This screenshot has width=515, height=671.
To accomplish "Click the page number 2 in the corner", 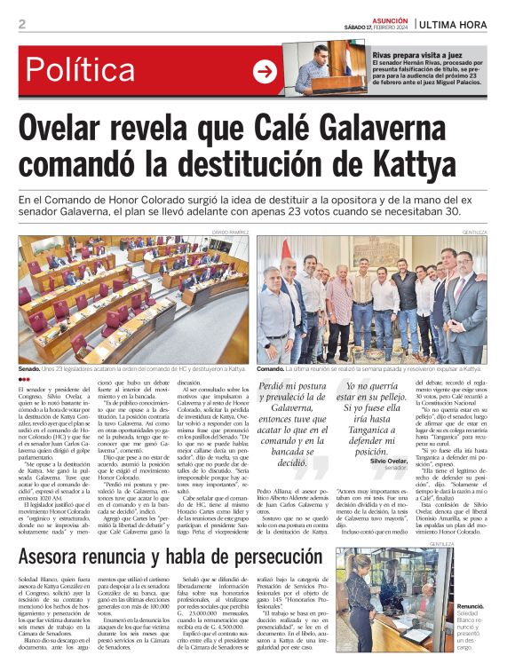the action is (x=22, y=24).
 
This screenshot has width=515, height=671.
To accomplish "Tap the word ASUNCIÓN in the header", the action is (x=389, y=18).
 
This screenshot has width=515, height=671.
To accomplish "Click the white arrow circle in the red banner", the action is (x=265, y=72).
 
